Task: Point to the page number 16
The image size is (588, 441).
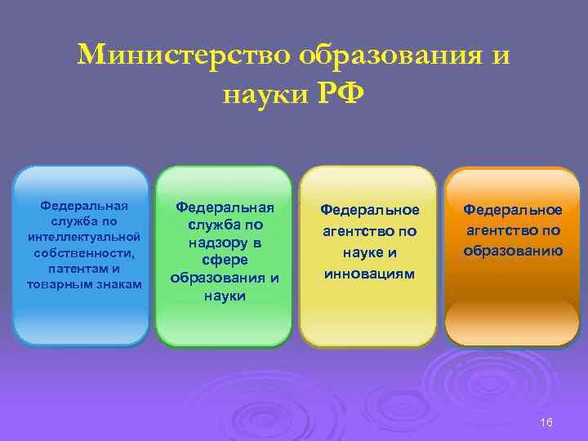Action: (x=546, y=422)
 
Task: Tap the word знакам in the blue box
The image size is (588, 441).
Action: (x=118, y=283)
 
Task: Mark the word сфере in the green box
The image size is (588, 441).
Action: (x=224, y=260)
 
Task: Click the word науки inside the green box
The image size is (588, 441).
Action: (x=224, y=296)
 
